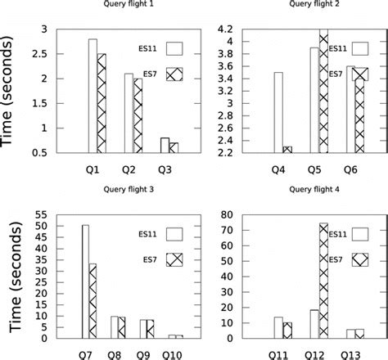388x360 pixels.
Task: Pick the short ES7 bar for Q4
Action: (x=287, y=150)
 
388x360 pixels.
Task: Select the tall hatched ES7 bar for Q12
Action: (x=323, y=279)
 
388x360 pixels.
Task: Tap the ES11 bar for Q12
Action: (x=314, y=323)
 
